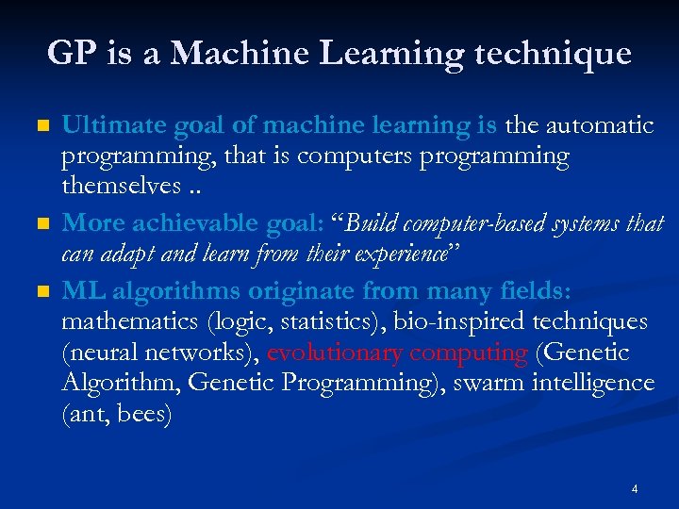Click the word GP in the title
click(x=69, y=53)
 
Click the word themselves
click(x=118, y=187)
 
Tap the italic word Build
click(x=377, y=223)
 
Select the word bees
click(x=143, y=415)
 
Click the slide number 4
click(x=635, y=488)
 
